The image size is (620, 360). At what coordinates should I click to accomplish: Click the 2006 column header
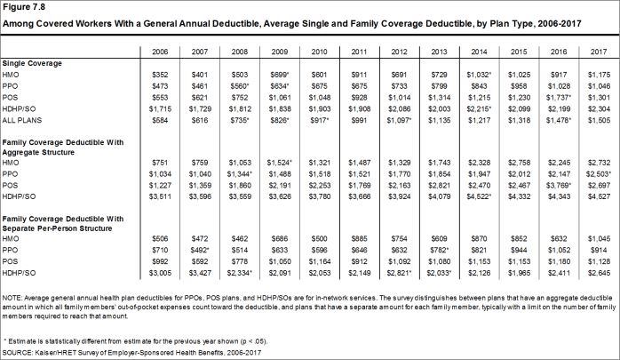(160, 52)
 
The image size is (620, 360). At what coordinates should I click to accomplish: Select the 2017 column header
(599, 52)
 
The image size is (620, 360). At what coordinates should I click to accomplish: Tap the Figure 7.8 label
(24, 7)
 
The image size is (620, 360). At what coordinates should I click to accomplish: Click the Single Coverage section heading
(32, 63)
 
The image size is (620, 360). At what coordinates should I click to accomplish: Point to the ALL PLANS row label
(21, 120)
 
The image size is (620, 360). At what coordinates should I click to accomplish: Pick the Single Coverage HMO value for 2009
(280, 75)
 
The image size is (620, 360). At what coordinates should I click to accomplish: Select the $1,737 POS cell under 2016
(559, 98)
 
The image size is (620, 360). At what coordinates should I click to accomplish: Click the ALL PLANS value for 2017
(599, 120)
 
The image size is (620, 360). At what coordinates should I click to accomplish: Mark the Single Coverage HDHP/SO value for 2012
(399, 109)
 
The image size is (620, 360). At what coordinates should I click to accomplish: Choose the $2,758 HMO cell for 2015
(519, 163)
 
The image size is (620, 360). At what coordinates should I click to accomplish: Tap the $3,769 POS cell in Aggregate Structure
(559, 186)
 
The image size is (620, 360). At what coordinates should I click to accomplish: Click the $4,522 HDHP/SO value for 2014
(480, 196)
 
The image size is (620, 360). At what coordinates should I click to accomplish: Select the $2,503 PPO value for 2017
(599, 174)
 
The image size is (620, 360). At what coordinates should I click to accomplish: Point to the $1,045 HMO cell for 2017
(599, 239)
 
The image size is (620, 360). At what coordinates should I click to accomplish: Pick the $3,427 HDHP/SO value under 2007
(200, 273)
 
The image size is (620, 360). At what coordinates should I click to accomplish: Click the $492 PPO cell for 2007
(200, 251)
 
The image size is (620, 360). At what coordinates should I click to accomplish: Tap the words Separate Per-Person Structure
(57, 228)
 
